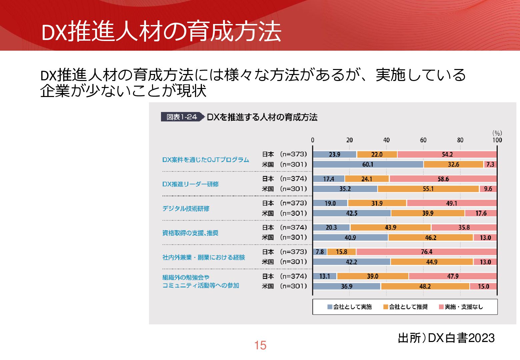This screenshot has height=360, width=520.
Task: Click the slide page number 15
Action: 260,345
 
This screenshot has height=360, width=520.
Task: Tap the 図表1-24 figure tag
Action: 182,117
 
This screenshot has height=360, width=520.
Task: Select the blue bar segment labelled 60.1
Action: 368,164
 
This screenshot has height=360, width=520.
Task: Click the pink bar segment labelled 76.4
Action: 426,252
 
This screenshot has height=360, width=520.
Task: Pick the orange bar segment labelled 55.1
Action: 428,189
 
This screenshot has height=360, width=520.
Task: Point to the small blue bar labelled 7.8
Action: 320,252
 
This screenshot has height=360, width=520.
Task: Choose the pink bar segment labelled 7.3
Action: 490,164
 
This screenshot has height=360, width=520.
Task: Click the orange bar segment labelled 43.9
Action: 390,228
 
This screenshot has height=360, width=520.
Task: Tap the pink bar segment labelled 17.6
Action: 481,213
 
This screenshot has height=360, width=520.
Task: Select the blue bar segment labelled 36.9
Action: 347,286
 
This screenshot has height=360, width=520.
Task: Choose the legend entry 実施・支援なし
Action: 461,307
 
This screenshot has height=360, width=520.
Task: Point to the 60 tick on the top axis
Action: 423,140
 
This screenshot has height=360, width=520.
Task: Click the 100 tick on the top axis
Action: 497,140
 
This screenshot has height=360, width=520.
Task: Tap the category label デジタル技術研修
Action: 186,209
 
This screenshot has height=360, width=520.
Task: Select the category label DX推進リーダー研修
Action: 190,184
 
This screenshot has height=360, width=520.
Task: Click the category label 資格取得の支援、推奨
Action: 190,233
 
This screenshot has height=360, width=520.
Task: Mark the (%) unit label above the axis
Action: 497,133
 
